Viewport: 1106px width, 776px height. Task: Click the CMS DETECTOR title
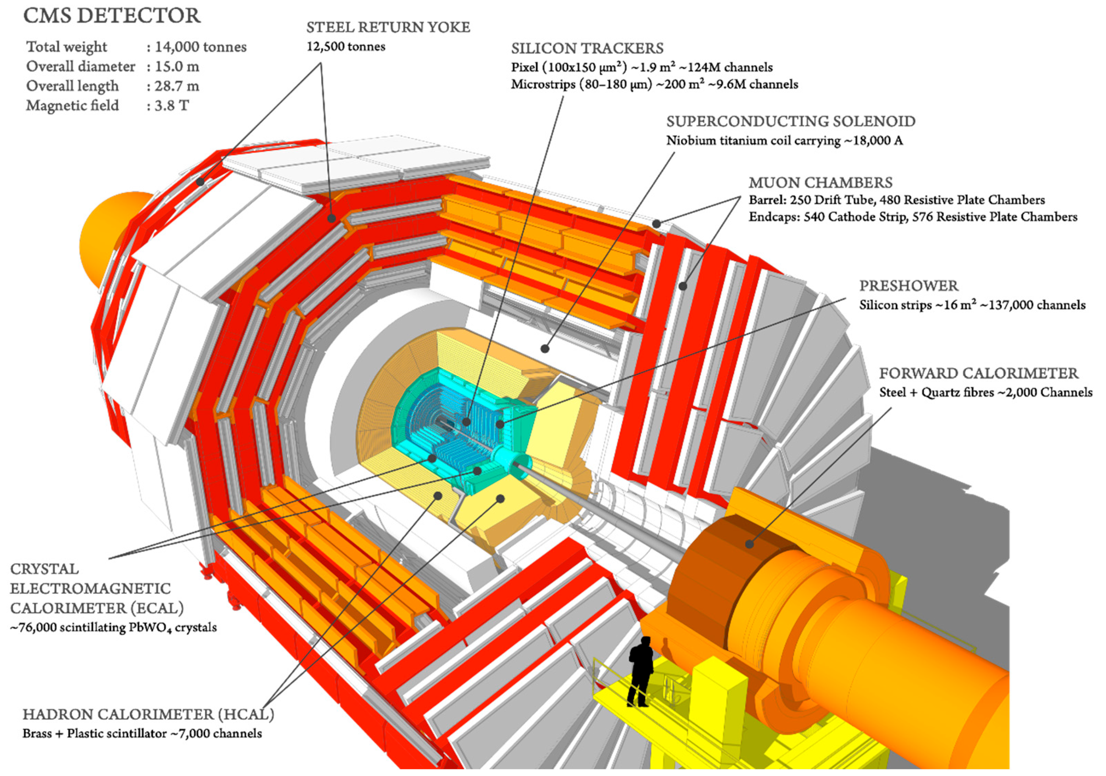(112, 16)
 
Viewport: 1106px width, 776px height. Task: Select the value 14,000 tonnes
(200, 47)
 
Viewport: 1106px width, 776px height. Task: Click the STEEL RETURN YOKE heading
(388, 27)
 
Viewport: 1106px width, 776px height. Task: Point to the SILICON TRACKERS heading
(587, 49)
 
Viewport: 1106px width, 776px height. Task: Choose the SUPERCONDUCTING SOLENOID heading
(790, 122)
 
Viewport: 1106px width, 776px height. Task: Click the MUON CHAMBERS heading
(820, 183)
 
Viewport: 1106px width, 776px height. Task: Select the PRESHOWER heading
(909, 286)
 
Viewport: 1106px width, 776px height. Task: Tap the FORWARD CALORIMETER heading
(979, 374)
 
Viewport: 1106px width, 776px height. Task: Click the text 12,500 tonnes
(346, 47)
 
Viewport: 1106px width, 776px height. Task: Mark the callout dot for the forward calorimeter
(749, 544)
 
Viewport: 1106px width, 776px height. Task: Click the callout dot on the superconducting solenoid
(545, 348)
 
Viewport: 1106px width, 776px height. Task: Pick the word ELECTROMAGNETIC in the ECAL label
(90, 589)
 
